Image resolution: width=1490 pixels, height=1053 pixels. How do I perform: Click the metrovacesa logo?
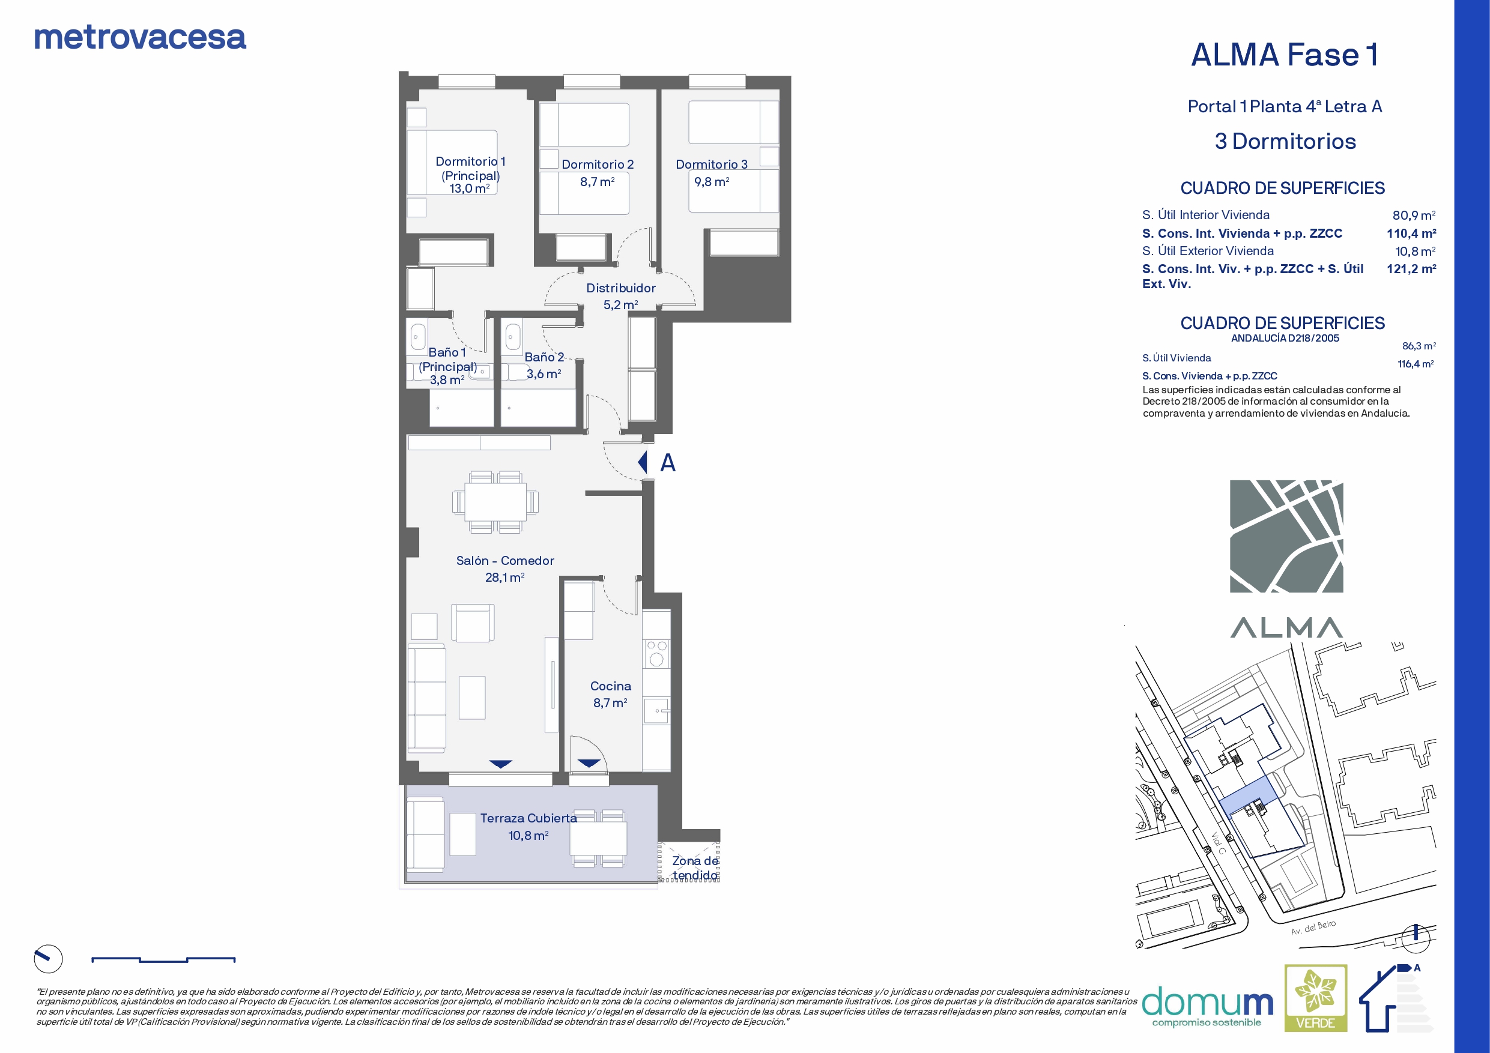pos(140,38)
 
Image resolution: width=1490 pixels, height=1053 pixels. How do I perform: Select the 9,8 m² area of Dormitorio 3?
pos(712,182)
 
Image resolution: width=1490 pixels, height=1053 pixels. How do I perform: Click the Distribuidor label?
pos(621,288)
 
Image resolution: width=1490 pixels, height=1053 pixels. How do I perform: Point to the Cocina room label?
pos(611,686)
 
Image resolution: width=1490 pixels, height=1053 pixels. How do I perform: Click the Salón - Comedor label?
pos(505,561)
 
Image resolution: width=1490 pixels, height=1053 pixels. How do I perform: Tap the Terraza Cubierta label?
pos(528,818)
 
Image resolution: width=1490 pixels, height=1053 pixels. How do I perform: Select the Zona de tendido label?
pos(695,868)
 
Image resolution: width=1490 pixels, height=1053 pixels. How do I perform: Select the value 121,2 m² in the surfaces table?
pos(1411,268)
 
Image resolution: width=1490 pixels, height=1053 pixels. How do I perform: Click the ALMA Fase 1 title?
pos(1285,55)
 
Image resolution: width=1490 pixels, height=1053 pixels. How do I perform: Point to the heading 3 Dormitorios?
pos(1285,142)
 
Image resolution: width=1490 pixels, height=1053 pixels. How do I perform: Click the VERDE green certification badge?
pos(1315,998)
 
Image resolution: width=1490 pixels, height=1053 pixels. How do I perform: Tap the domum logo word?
pos(1207,1003)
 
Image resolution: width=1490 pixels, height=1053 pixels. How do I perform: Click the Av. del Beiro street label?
pos(1313,927)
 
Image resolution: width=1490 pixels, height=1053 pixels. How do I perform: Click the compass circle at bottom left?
pos(48,959)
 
